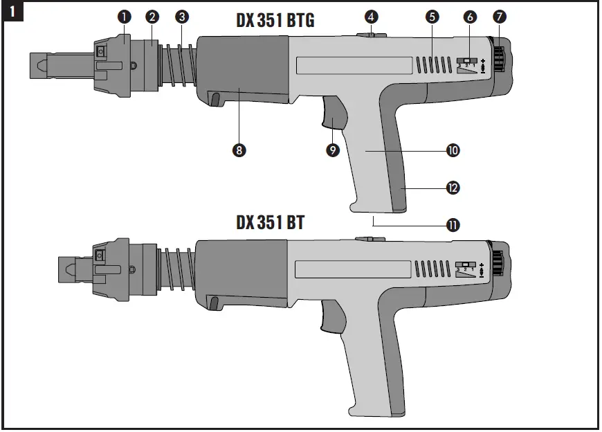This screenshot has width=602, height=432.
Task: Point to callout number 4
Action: (x=371, y=16)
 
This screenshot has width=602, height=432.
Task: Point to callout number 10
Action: (x=454, y=150)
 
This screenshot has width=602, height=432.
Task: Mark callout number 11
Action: (x=454, y=224)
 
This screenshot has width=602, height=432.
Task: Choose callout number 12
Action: (x=454, y=187)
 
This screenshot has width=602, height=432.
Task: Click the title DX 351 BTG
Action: (x=275, y=21)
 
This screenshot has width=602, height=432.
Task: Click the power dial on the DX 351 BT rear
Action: (x=499, y=263)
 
